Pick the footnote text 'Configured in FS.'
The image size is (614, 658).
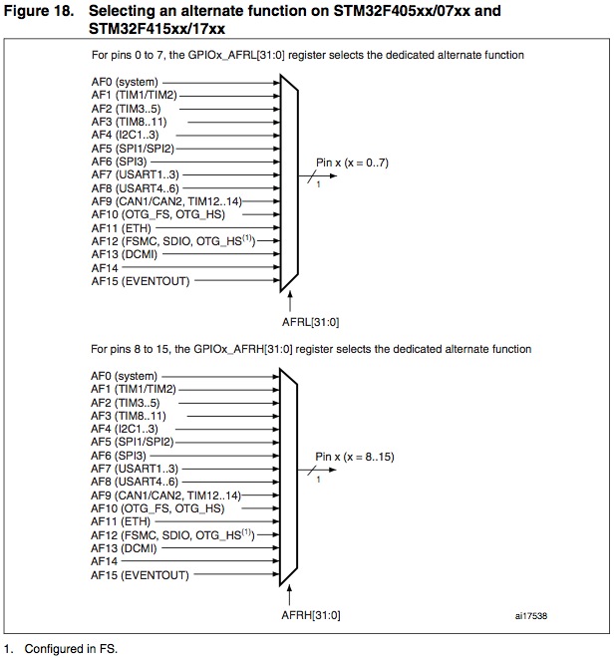pyautogui.click(x=72, y=649)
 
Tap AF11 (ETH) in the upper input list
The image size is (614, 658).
pyautogui.click(x=118, y=228)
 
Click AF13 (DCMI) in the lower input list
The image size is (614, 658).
pyautogui.click(x=121, y=547)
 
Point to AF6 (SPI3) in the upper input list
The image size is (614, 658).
pyautogui.click(x=117, y=160)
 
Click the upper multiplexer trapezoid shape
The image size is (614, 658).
pyautogui.click(x=289, y=180)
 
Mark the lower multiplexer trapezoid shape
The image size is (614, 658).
pyautogui.click(x=289, y=476)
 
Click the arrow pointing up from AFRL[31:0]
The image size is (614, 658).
pyautogui.click(x=289, y=299)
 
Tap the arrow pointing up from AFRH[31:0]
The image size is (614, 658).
pyautogui.click(x=289, y=595)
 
